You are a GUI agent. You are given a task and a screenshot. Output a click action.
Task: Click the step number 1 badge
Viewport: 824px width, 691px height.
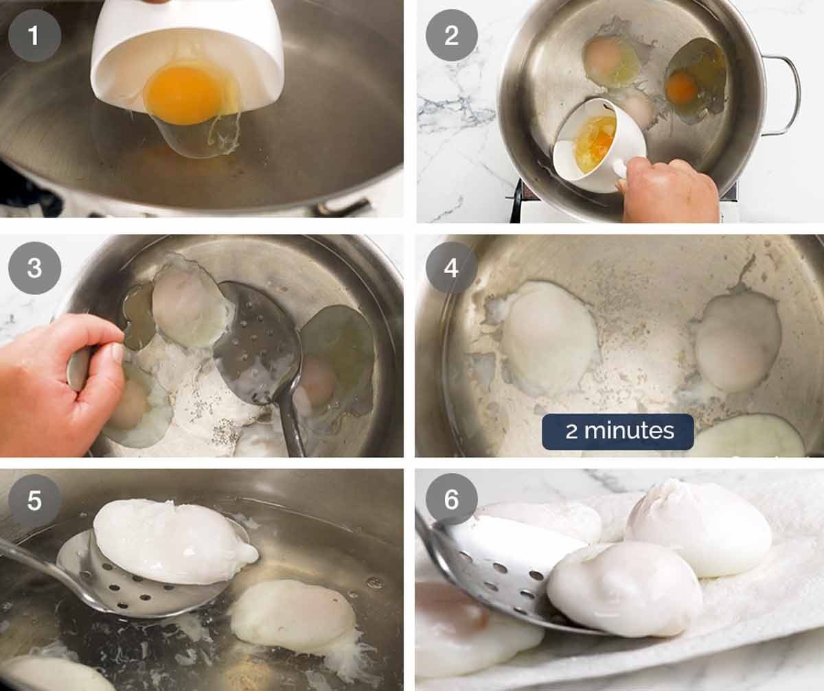click(x=34, y=35)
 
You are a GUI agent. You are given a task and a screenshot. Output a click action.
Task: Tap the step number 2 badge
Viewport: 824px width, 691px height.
click(x=451, y=35)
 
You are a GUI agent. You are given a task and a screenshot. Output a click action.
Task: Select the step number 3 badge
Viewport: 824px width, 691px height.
click(x=34, y=268)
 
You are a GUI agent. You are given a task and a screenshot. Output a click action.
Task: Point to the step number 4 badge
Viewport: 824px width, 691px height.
click(x=451, y=268)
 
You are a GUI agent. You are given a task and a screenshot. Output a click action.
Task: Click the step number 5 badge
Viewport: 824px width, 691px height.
click(x=34, y=500)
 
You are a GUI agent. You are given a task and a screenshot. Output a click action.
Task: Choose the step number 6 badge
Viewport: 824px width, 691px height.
click(x=451, y=500)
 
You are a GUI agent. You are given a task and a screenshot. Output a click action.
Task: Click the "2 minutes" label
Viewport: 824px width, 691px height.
click(x=619, y=432)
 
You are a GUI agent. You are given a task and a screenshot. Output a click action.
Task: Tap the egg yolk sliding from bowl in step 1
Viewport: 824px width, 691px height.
click(x=184, y=93)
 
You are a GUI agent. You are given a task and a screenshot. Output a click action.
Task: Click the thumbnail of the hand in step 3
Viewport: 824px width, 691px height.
click(x=117, y=353)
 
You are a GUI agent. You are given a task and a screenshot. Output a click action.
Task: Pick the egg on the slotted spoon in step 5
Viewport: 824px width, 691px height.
click(x=172, y=542)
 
